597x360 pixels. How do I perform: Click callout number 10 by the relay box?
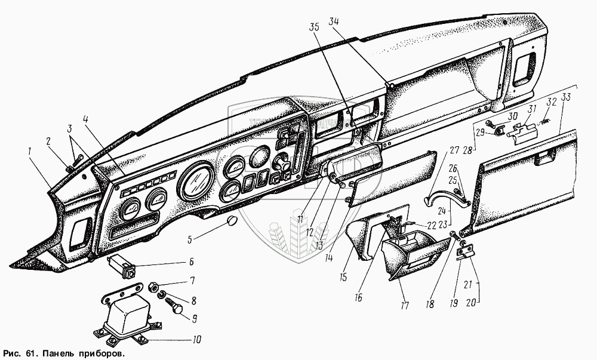pyautogui.click(x=196, y=340)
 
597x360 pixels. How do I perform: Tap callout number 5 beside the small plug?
pyautogui.click(x=190, y=240)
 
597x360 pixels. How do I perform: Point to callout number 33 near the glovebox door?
pyautogui.click(x=566, y=98)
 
